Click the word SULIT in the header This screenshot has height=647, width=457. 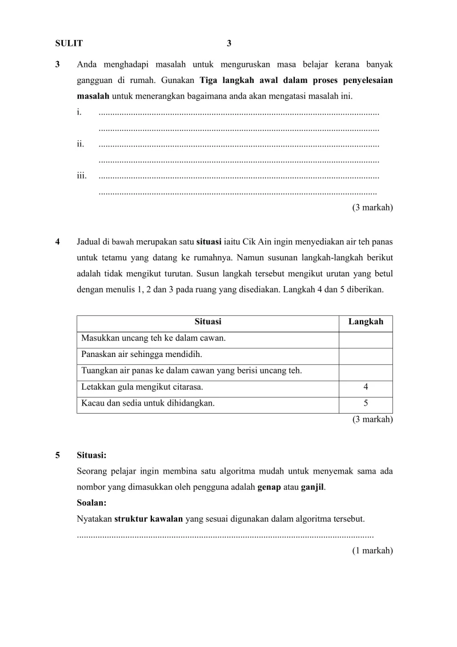click(x=69, y=43)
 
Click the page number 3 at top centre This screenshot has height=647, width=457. click(x=229, y=43)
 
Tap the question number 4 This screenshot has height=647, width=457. click(x=58, y=241)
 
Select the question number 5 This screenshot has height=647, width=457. click(x=58, y=456)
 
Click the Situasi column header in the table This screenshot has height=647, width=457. click(x=208, y=322)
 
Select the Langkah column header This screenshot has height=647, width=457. click(x=366, y=322)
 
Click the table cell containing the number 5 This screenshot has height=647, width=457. click(x=366, y=403)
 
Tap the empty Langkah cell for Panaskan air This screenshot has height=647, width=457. click(x=366, y=355)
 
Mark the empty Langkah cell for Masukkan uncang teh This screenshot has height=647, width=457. click(x=366, y=339)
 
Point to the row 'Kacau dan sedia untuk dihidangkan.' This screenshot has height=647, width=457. click(x=148, y=403)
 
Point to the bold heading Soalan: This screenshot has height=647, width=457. click(x=91, y=503)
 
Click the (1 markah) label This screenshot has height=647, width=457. click(x=372, y=551)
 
